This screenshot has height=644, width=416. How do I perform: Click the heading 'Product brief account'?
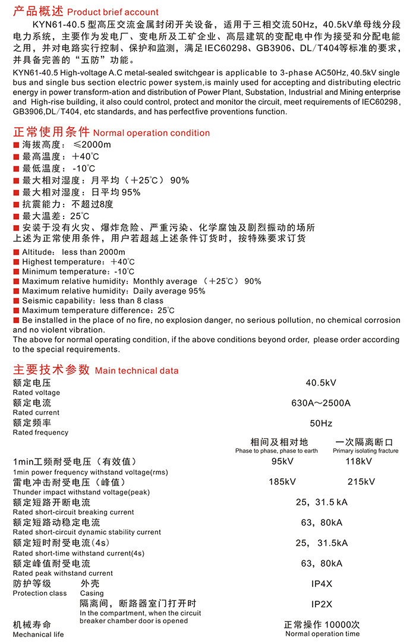click(x=113, y=12)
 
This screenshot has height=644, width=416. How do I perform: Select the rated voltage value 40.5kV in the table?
click(x=321, y=383)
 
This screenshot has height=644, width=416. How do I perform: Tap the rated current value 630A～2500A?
click(x=321, y=403)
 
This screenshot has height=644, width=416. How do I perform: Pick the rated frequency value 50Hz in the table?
click(x=321, y=424)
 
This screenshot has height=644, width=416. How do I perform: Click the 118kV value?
click(x=359, y=462)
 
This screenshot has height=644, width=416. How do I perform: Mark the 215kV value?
click(x=361, y=482)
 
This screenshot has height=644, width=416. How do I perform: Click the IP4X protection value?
click(x=322, y=584)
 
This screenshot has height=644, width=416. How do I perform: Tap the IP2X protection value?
click(x=322, y=604)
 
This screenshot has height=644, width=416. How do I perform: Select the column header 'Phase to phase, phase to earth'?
click(x=276, y=451)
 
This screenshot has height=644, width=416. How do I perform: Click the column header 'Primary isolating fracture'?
click(x=365, y=451)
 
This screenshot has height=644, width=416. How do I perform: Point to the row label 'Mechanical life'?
click(x=38, y=634)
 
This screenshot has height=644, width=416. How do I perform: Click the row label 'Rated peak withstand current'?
click(x=62, y=573)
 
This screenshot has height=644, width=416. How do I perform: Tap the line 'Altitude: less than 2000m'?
click(x=74, y=252)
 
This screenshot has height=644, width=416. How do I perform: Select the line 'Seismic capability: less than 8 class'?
click(x=93, y=301)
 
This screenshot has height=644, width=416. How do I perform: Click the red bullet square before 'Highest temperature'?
click(x=17, y=262)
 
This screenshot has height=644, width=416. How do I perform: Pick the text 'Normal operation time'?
click(x=323, y=634)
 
